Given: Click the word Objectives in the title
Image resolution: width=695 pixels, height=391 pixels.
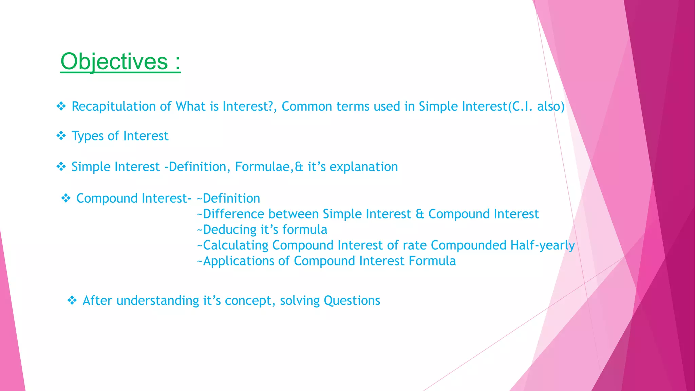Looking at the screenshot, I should click(114, 62).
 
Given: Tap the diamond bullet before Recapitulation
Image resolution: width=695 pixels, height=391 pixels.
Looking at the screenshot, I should click(61, 107).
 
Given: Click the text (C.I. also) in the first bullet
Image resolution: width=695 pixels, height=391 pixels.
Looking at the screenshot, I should click(536, 107).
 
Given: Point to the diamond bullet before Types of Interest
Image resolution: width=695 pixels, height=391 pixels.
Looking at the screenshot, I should click(61, 136).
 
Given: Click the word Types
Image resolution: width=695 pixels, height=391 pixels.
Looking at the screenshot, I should click(87, 136).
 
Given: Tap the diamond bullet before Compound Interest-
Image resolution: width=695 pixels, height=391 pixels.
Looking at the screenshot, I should click(66, 198).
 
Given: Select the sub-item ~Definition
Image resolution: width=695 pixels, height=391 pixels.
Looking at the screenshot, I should click(228, 198).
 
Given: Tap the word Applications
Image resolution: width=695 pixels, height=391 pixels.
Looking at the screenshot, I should click(238, 261).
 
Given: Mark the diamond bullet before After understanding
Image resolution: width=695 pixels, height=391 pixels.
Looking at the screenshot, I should click(72, 300).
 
